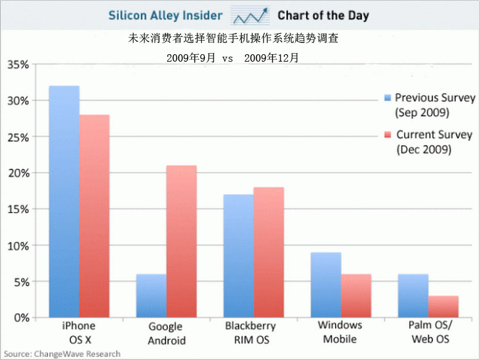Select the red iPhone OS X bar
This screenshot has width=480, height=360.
coord(94,216)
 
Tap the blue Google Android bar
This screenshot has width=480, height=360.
coord(151,296)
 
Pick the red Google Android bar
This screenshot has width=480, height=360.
coord(181,241)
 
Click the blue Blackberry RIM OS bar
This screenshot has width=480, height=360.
coord(238,256)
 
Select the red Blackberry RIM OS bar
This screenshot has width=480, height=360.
coord(268,252)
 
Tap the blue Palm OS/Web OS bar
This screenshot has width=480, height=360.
coord(413,296)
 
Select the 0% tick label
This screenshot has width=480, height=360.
coord(22,317)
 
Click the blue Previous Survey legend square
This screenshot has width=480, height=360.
coord(387,97)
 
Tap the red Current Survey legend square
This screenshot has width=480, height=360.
coord(387,134)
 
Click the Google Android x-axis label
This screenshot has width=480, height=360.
coord(165,333)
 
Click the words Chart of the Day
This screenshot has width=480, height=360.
coord(323,15)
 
